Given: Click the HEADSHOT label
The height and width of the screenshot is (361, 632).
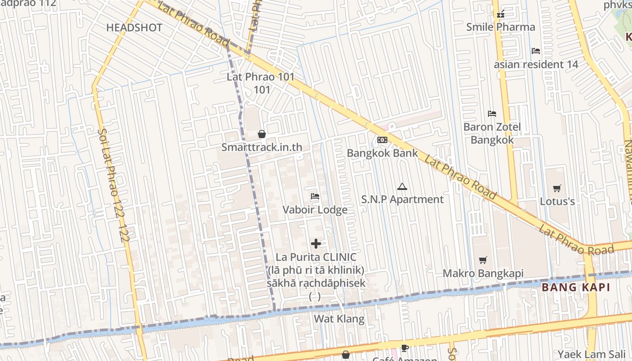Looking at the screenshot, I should click(134, 28).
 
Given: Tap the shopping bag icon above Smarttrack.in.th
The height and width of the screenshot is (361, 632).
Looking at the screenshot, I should click(261, 134).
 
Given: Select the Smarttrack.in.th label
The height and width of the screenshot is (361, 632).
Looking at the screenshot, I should click(261, 147).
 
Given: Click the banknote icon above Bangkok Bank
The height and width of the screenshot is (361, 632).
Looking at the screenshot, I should click(382, 140).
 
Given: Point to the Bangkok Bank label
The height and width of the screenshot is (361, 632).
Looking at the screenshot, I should click(382, 153).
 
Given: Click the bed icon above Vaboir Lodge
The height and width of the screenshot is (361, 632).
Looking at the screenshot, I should click(315, 196).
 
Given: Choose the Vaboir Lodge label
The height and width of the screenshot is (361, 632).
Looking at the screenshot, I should click(315, 210).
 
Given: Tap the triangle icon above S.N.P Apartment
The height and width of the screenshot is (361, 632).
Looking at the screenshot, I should click(402, 186).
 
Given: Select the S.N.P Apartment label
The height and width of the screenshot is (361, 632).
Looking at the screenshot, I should click(403, 199).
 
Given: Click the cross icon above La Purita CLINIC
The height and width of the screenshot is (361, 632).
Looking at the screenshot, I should click(316, 244).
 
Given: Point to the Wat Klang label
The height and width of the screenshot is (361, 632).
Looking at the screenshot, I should click(339, 319).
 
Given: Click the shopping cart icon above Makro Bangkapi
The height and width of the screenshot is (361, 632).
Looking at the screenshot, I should click(483, 260).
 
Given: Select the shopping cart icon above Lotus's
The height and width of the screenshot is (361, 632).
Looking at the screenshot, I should click(557, 188).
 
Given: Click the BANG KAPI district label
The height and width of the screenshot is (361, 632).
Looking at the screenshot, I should click(576, 287).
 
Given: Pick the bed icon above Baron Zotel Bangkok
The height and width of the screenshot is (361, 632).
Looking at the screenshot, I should click(492, 114).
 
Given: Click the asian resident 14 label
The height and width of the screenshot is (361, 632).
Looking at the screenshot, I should click(536, 65).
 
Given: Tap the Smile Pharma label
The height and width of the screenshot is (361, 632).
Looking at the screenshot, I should click(501, 27).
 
